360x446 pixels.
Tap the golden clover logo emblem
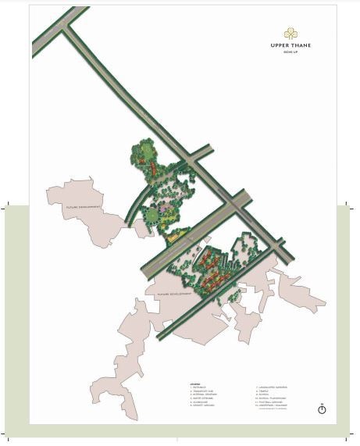[290, 34]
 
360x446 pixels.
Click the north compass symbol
[322, 409]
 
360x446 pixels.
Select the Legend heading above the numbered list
[194, 384]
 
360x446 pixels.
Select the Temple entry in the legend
[262, 392]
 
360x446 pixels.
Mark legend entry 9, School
[262, 395]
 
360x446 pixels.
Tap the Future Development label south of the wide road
[175, 295]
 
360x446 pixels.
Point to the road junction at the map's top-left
[66, 30]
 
